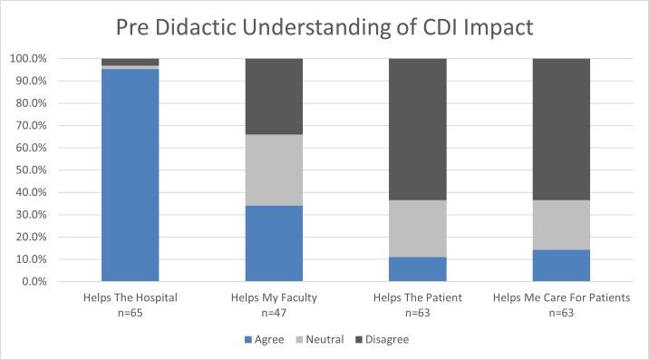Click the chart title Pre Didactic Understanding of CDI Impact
[x=324, y=26]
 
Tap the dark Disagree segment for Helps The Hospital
[x=130, y=62]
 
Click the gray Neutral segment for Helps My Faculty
[x=275, y=170]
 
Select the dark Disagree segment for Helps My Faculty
[x=275, y=96]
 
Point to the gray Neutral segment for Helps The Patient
[x=418, y=229]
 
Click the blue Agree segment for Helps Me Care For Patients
[x=562, y=265]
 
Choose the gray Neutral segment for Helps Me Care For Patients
[x=562, y=225]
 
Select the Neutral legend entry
[x=323, y=340]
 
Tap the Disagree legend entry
[x=385, y=340]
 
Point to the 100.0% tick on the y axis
[x=28, y=59]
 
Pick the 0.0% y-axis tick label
[x=34, y=281]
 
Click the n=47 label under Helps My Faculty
[x=275, y=311]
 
